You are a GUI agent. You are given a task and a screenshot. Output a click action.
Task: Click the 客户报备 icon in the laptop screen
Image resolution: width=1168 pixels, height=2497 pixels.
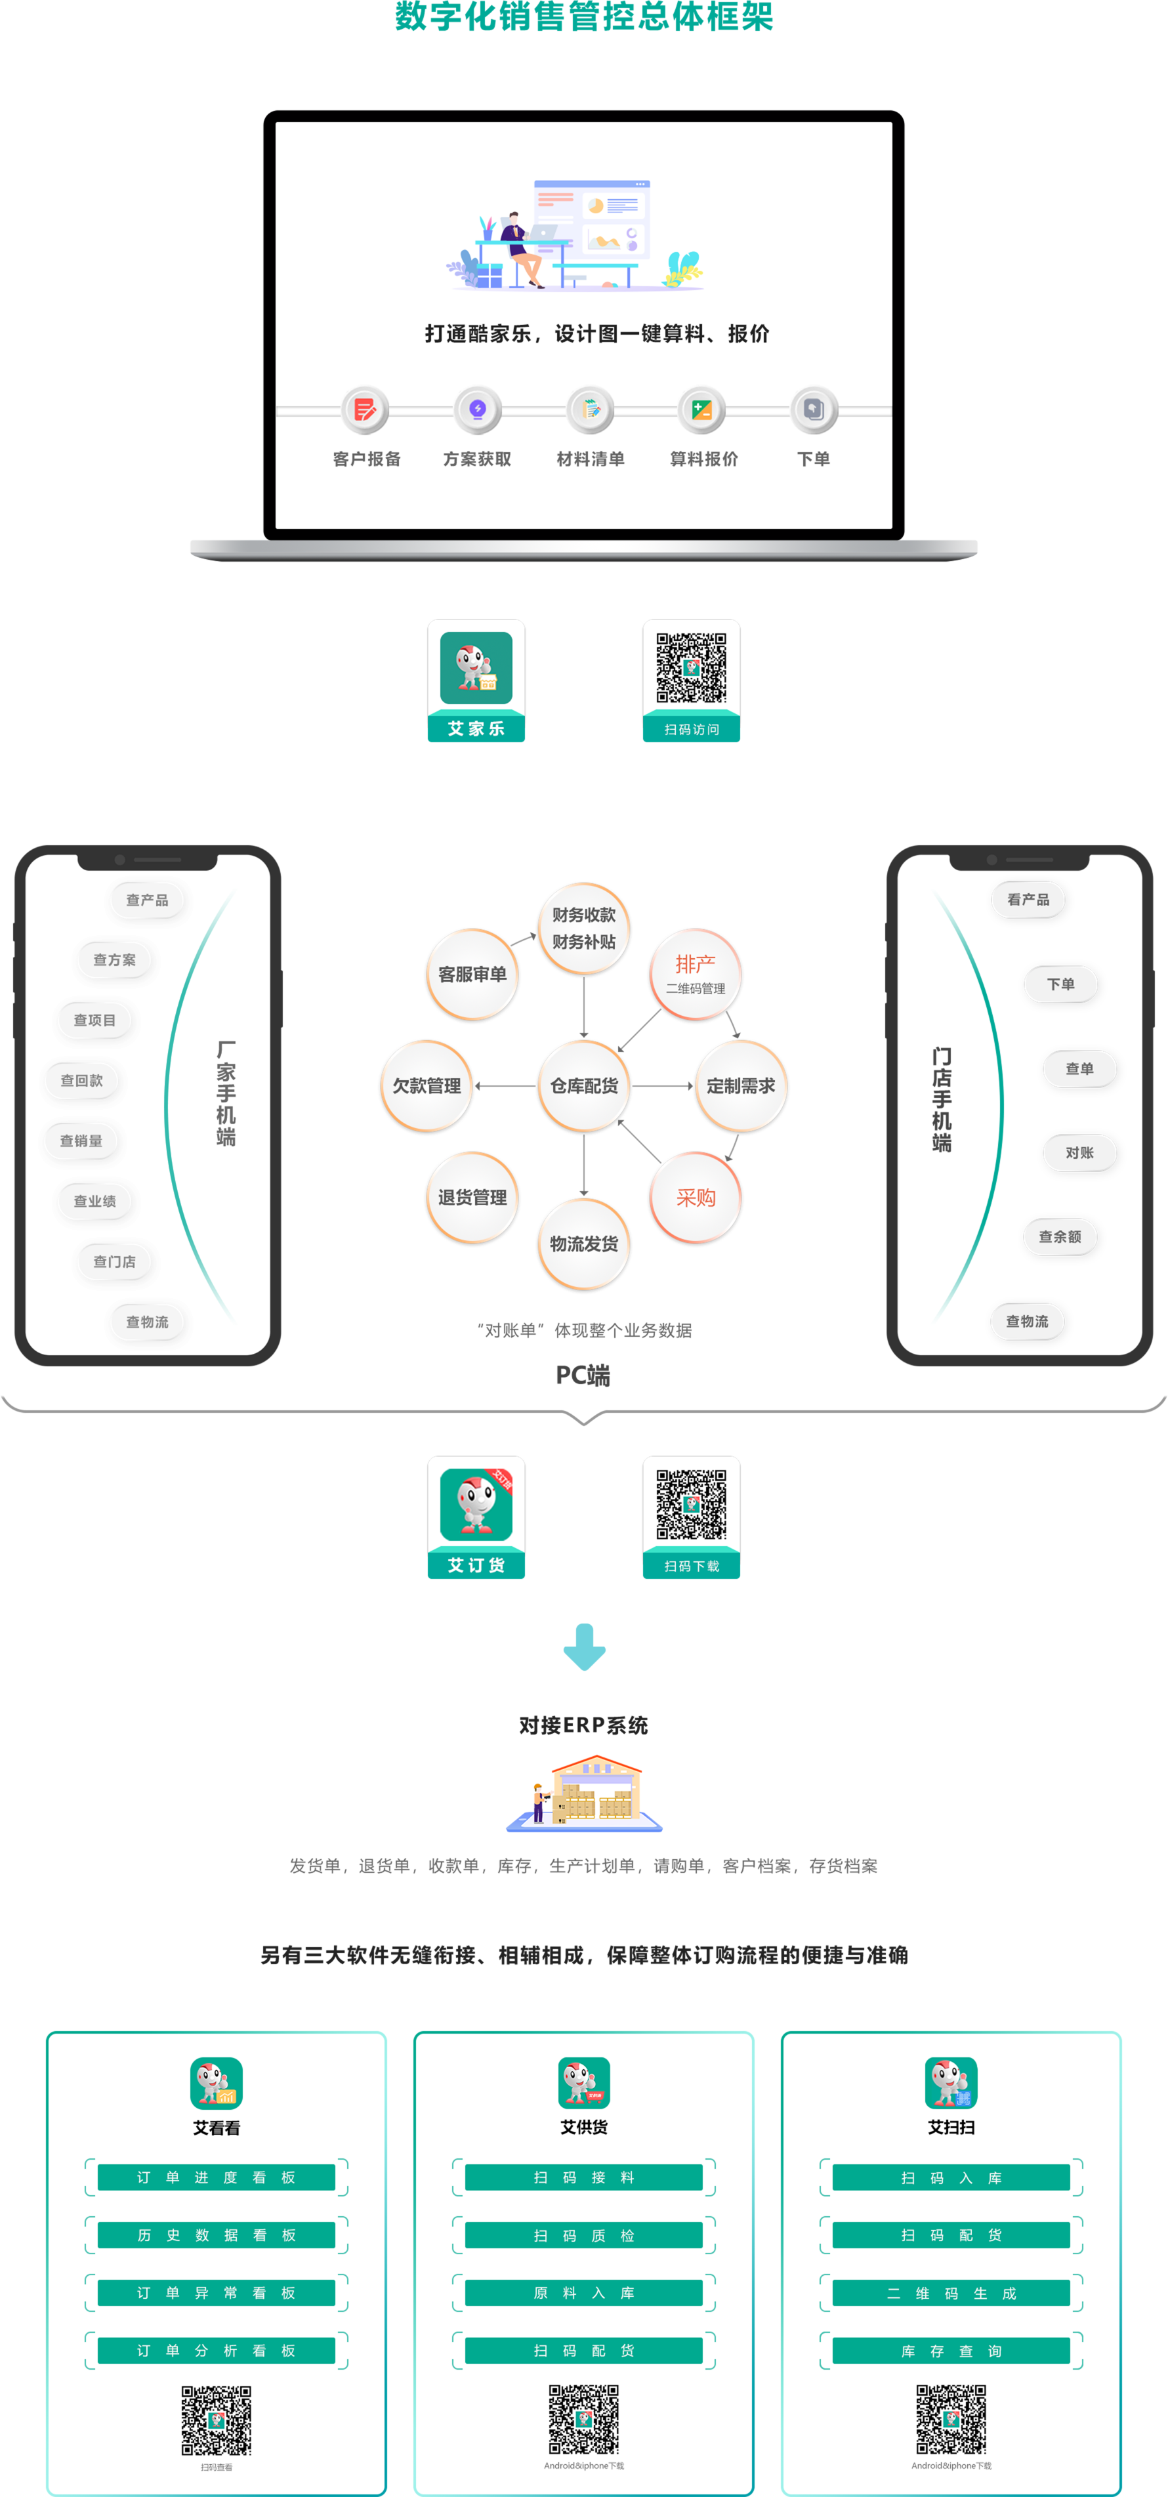point(365,410)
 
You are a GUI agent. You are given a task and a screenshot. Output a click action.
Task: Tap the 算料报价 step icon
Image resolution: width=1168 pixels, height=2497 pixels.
point(701,410)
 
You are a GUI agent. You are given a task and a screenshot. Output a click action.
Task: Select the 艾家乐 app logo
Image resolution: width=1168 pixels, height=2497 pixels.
point(476,668)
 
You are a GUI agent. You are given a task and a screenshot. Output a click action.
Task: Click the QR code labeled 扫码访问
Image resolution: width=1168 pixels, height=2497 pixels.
point(691,668)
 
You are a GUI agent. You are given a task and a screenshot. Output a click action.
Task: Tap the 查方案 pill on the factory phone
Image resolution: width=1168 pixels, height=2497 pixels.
point(114,959)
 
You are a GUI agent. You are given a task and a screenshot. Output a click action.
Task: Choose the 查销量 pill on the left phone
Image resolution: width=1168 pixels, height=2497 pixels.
point(81,1141)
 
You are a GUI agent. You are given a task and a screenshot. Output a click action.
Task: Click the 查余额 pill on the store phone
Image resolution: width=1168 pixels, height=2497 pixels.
point(1060,1237)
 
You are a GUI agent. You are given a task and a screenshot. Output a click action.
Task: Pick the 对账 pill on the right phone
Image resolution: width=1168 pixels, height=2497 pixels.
point(1079,1152)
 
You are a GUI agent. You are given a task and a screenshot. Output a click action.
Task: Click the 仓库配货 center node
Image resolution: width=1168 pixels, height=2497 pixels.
point(583,1085)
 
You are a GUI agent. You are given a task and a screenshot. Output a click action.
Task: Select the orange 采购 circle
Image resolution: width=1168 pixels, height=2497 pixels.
point(695,1198)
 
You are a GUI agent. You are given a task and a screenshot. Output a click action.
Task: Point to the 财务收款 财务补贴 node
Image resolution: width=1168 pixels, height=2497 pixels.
point(583,929)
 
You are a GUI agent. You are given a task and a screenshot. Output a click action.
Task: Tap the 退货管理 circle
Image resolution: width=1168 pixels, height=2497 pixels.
point(472,1198)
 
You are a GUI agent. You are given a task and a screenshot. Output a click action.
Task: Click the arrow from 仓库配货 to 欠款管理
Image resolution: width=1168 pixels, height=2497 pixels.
point(505,1085)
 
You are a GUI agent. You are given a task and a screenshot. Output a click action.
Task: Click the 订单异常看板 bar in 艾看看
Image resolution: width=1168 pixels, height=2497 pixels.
point(216,2292)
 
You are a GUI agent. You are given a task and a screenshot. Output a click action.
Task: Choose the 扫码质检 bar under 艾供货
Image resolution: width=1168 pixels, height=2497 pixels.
point(583,2235)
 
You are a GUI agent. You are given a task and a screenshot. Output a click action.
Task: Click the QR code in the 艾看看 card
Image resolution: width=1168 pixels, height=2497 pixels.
point(216,2420)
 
